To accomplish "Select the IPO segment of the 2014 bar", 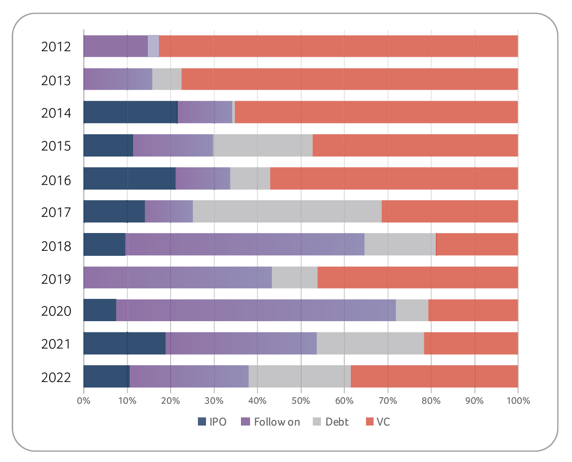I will pos(130,112).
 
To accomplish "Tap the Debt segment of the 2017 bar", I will pos(287,211).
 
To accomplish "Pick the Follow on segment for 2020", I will pos(256,310).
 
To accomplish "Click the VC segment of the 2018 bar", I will pos(477,244).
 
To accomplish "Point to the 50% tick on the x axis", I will pos(301,401).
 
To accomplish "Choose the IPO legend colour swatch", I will pos(202,421).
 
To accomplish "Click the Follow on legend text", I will pos(277,421).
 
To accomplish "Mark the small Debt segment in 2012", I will pos(153,47).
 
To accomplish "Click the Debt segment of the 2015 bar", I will pos(263,145).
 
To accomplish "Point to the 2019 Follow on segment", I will pos(178,277).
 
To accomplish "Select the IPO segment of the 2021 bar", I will pos(125,343).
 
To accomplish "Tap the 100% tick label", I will pos(517,401).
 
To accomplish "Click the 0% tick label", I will pos(84,401).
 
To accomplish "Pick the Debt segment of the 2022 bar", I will pos(300,376).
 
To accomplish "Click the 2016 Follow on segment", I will pos(203,178).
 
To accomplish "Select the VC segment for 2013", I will pos(349,80).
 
